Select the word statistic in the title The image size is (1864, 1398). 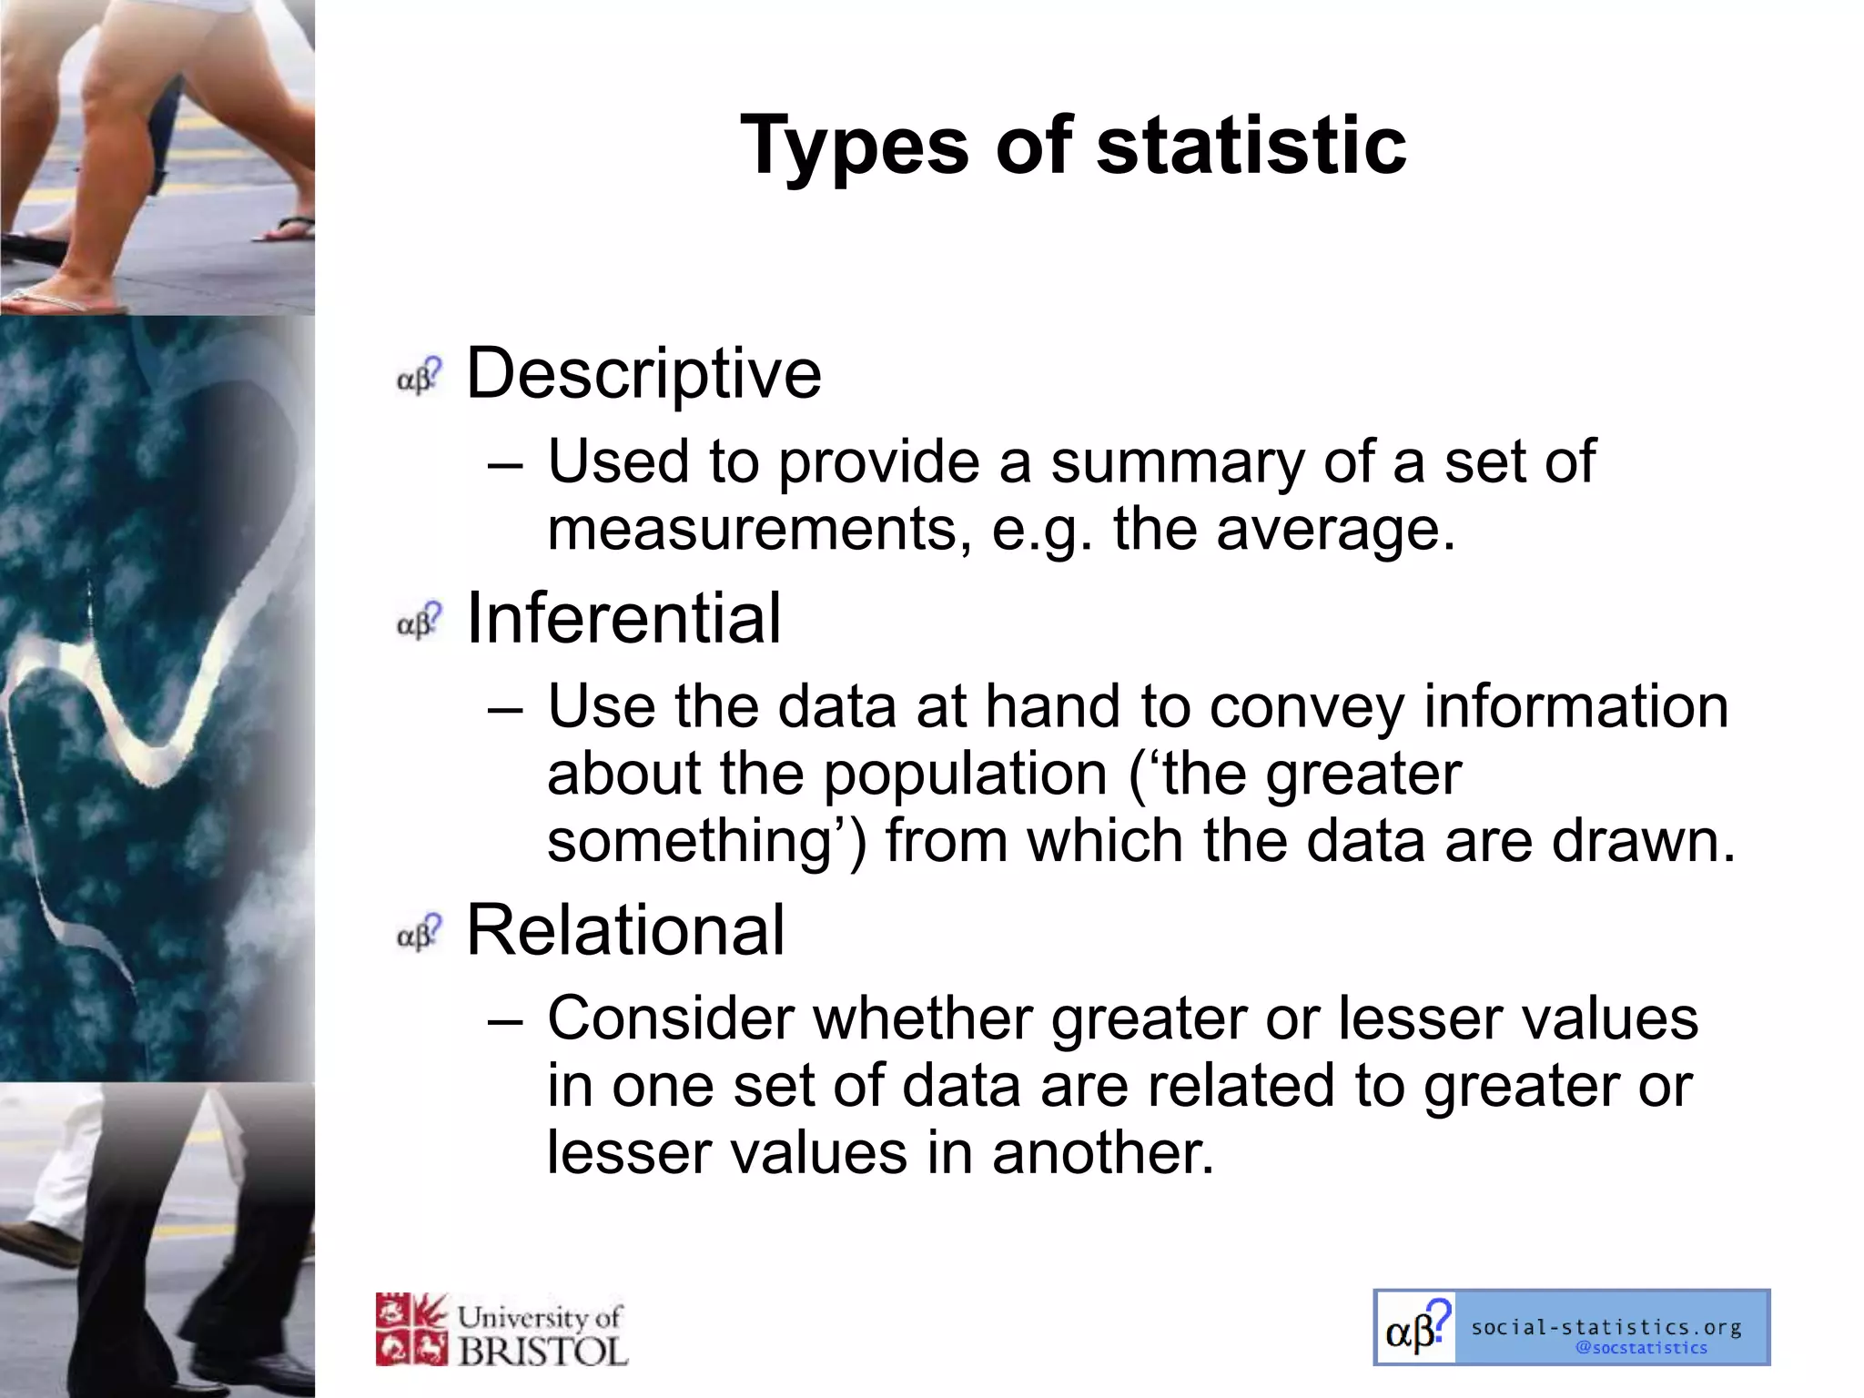(1251, 146)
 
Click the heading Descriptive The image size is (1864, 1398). (643, 373)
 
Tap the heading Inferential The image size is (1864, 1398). (623, 618)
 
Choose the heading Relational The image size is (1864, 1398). (625, 930)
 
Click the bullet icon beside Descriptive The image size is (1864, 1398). (419, 376)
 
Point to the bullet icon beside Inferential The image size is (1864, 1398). (419, 621)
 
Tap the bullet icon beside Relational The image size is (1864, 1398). (419, 933)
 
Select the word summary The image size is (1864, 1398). (1178, 462)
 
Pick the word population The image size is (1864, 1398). (965, 774)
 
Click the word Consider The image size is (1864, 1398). (671, 1018)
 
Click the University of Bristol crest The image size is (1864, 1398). (411, 1330)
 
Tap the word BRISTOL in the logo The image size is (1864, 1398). (542, 1351)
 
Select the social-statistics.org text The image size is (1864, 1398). (1606, 1327)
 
